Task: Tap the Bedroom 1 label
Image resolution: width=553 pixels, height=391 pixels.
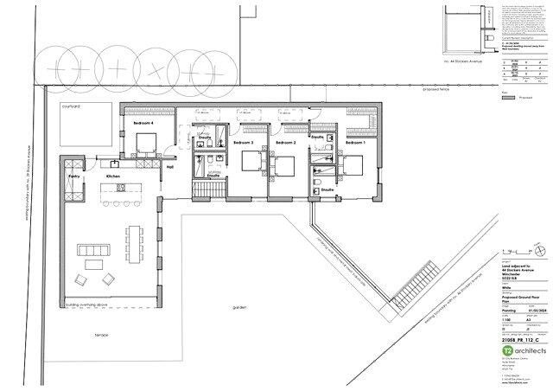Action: point(355,142)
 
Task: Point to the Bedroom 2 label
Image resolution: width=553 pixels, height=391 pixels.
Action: point(286,142)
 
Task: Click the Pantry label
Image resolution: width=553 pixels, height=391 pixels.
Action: point(73,176)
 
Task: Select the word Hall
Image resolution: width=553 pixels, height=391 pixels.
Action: point(170,168)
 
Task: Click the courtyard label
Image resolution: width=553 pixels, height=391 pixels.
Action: point(70,106)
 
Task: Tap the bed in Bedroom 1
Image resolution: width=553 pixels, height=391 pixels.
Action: point(352,164)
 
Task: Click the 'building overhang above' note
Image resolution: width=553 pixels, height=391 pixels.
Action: point(91,304)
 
